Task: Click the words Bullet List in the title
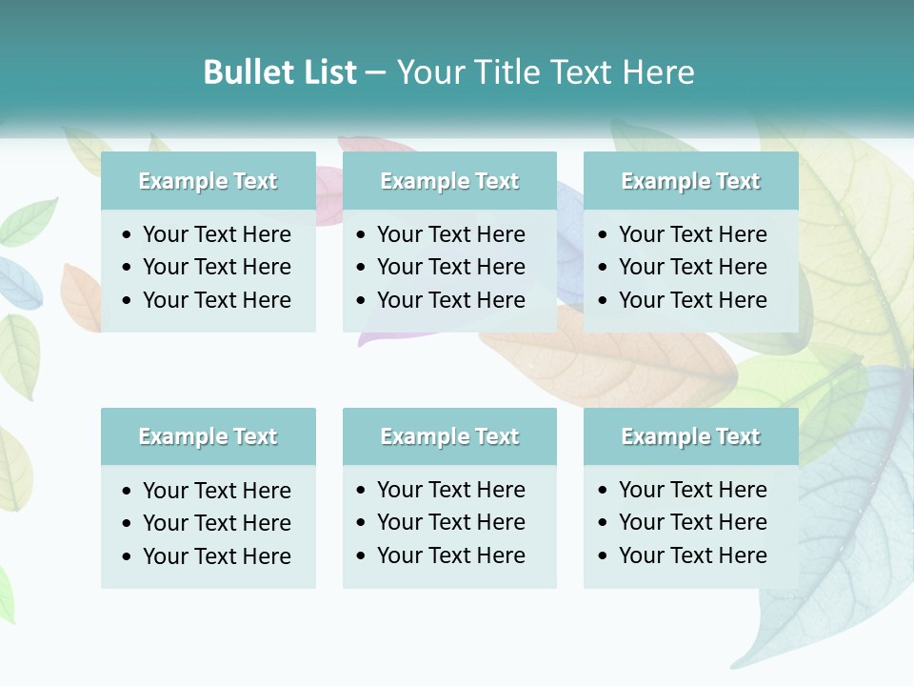point(280,72)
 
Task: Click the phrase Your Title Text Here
point(546,72)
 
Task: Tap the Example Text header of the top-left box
point(208,181)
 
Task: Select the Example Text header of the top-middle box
point(449,181)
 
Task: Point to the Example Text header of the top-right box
point(690,181)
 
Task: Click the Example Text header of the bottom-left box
point(208,436)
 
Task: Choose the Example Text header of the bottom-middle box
point(449,436)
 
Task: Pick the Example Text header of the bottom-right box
point(690,436)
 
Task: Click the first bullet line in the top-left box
point(217,234)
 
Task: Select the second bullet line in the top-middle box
point(451,267)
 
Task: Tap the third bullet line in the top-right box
point(693,299)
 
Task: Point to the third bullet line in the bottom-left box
point(217,555)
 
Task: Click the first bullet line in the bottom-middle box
point(451,490)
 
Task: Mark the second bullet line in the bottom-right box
point(693,522)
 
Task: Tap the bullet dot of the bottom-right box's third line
point(604,556)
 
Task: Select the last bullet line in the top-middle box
point(451,299)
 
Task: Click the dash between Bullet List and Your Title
point(376,72)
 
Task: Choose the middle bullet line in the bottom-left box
point(217,523)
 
